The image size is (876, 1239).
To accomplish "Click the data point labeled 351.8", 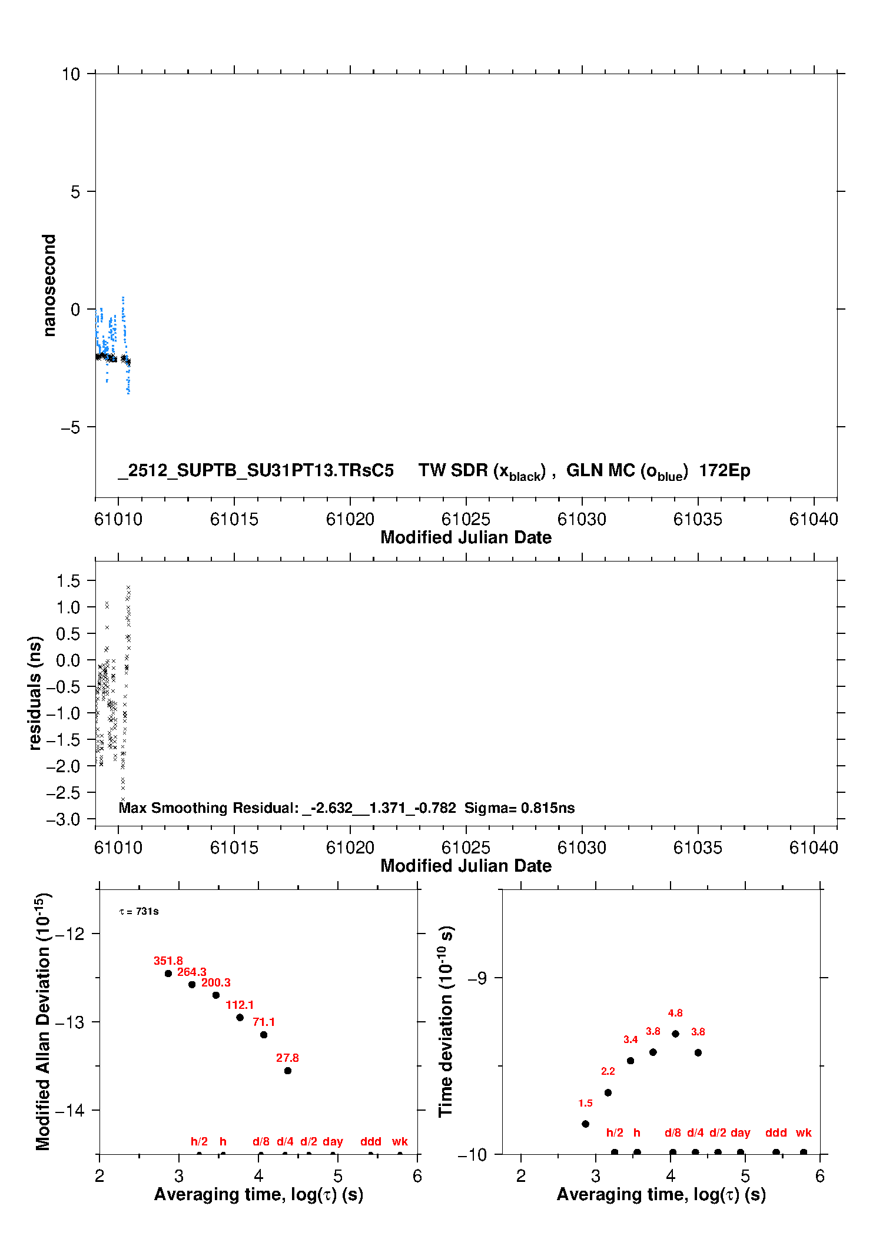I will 168,973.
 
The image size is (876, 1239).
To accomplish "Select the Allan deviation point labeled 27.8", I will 288,1071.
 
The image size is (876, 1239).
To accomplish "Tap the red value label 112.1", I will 240,1005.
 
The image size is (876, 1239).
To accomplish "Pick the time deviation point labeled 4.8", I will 675,1034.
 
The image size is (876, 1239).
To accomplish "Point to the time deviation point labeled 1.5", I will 585,1124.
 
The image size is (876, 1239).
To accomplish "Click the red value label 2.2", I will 608,1071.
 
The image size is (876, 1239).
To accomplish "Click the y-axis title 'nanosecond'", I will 49,285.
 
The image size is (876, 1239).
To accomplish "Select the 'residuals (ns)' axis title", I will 35,693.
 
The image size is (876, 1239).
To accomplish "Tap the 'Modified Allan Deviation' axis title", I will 42,1021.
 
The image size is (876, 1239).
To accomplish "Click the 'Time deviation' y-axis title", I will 446,1021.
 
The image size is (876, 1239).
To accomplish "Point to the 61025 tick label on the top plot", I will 466,519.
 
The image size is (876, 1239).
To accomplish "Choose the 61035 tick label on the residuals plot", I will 698,848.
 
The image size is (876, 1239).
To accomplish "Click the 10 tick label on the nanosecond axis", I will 71,74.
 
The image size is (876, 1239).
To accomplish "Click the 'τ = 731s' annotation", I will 139,912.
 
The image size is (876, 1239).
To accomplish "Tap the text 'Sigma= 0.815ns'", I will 519,808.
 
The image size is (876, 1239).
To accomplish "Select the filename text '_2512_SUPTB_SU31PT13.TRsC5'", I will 256,471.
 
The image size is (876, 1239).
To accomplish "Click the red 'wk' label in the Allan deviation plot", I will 400,1141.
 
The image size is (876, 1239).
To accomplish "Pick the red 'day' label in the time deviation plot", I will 740,1132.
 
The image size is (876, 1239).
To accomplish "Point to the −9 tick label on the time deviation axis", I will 477,978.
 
